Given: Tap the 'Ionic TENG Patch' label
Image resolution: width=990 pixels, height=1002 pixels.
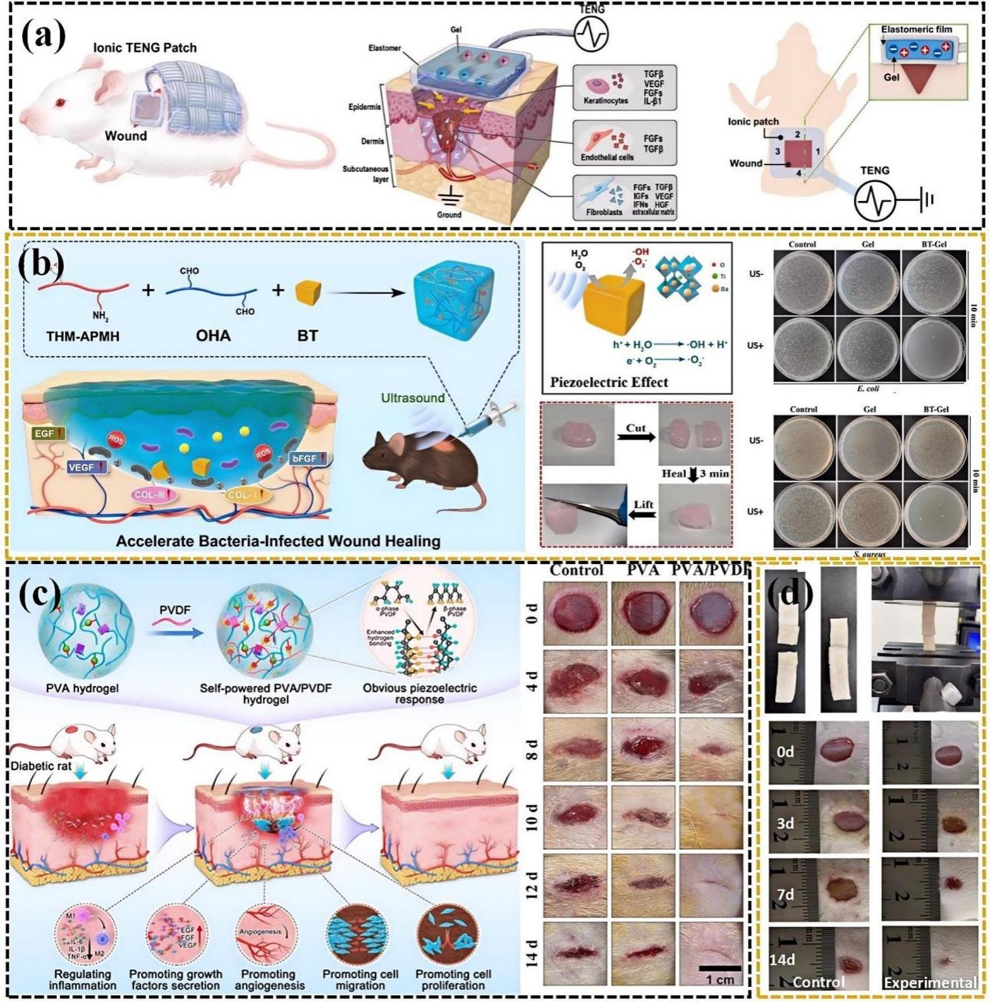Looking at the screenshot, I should (x=145, y=47).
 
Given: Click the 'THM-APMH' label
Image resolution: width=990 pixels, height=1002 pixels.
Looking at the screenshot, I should (x=79, y=334).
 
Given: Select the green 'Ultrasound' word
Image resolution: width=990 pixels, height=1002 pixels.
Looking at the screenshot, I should (x=413, y=398).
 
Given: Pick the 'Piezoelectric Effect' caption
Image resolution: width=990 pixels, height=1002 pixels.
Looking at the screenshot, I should (x=609, y=382).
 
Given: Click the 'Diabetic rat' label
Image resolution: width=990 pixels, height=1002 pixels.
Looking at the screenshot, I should (x=42, y=766).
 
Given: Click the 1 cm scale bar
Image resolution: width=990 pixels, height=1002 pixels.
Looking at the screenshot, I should (x=720, y=968).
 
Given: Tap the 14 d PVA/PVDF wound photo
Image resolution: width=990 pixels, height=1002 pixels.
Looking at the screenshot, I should (x=711, y=954).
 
